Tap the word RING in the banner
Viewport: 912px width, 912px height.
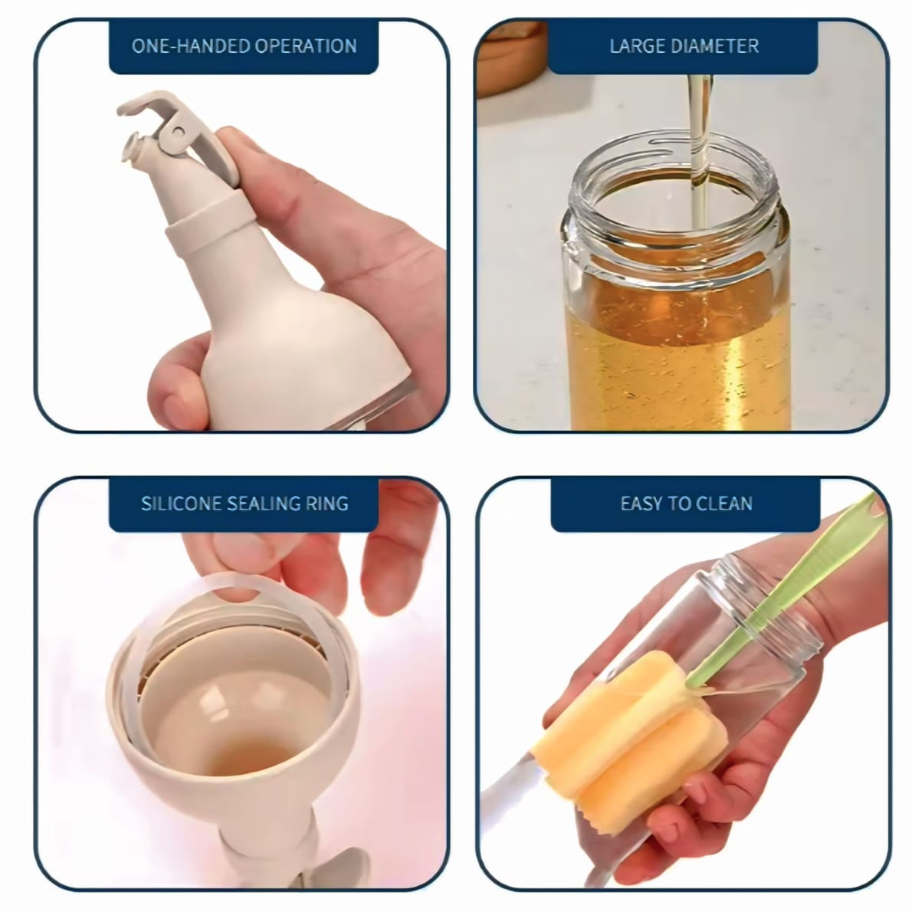(327, 504)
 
